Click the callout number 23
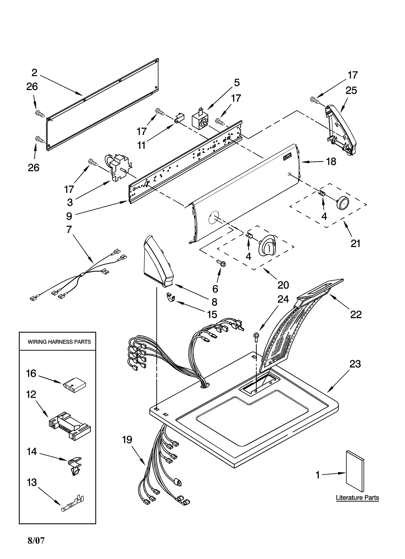pos(355,364)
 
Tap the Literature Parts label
pos(357,498)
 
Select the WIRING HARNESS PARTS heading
pos(59,342)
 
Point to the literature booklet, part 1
pos(355,471)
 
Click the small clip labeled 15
pos(171,298)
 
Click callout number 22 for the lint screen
pos(356,315)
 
